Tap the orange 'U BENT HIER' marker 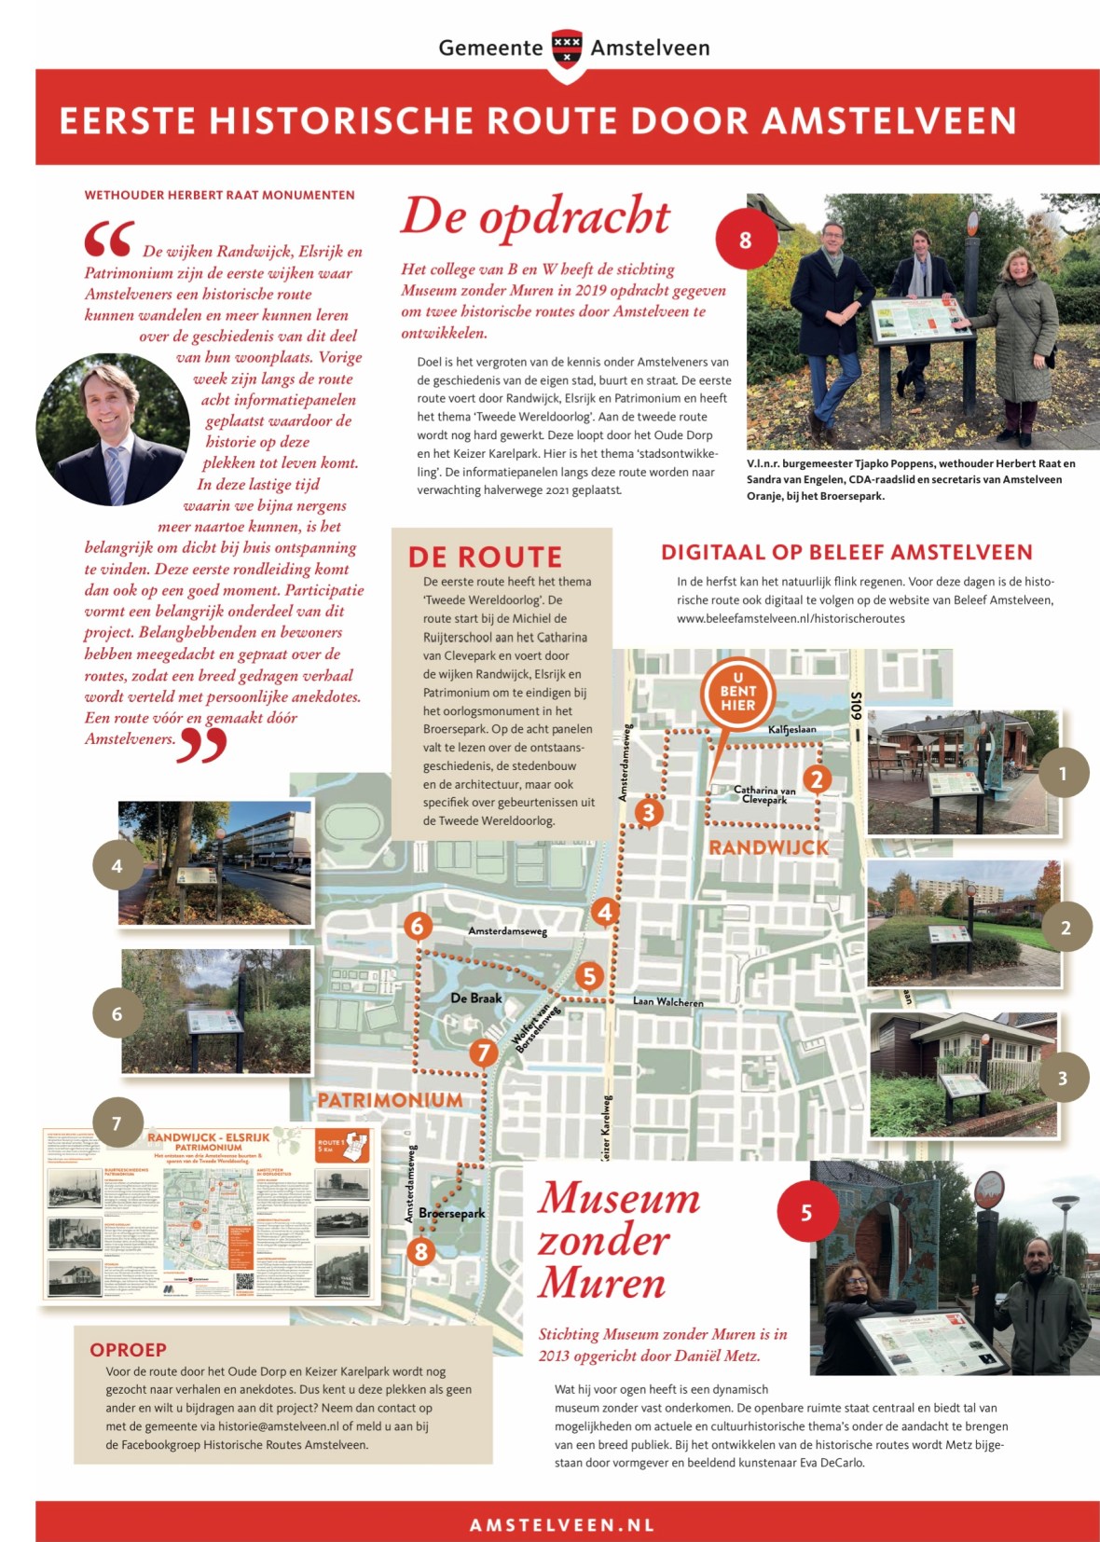click(737, 692)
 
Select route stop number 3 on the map click(649, 812)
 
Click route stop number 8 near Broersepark click(421, 1251)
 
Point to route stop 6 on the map click(418, 926)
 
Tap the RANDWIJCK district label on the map click(768, 847)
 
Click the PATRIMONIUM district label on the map click(390, 1100)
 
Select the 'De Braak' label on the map click(476, 998)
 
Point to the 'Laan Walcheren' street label click(667, 1002)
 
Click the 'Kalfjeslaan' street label click(791, 729)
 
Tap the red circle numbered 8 click(745, 240)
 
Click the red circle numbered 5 click(806, 1213)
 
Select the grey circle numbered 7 click(117, 1122)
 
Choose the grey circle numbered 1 click(1063, 773)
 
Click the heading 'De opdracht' click(535, 217)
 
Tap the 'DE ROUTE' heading click(485, 558)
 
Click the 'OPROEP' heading click(128, 1350)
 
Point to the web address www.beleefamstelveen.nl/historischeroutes click(791, 619)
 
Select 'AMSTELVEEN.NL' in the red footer click(562, 1525)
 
